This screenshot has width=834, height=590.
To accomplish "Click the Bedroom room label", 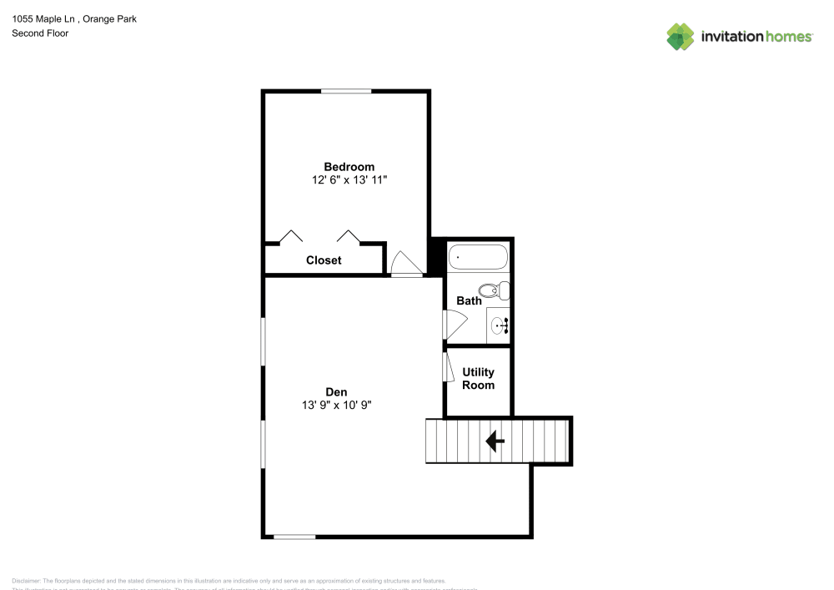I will pyautogui.click(x=349, y=166).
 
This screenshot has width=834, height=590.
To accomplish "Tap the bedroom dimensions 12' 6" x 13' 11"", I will pyautogui.click(x=349, y=179).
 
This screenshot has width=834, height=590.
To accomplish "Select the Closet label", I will pyautogui.click(x=324, y=260).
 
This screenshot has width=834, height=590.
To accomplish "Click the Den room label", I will pyautogui.click(x=336, y=391).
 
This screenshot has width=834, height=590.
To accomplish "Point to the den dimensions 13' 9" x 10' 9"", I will pyautogui.click(x=336, y=405).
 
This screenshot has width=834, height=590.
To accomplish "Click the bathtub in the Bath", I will pyautogui.click(x=478, y=257).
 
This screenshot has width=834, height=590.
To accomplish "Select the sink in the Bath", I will pyautogui.click(x=499, y=325).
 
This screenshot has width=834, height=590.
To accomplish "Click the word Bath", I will pyautogui.click(x=469, y=300).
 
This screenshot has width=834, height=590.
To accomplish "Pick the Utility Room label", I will pyautogui.click(x=478, y=379).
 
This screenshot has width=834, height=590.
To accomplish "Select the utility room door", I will pyautogui.click(x=447, y=366).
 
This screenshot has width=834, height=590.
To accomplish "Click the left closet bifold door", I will pyautogui.click(x=290, y=236).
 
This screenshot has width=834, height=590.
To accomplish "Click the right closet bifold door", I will pyautogui.click(x=348, y=236).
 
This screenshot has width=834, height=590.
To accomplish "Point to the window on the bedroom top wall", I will pyautogui.click(x=346, y=91).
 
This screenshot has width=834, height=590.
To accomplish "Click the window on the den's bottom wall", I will pyautogui.click(x=294, y=537).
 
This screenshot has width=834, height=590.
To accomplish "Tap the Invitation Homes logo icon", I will pyautogui.click(x=681, y=37).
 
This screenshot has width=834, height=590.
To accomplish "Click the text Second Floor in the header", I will pyautogui.click(x=40, y=33).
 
